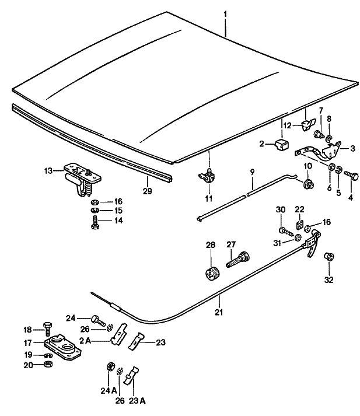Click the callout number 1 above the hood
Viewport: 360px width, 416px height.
tap(226, 12)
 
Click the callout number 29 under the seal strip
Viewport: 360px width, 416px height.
tap(147, 190)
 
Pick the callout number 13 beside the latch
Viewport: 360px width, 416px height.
tap(48, 171)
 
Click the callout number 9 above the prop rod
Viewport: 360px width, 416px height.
tap(252, 172)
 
